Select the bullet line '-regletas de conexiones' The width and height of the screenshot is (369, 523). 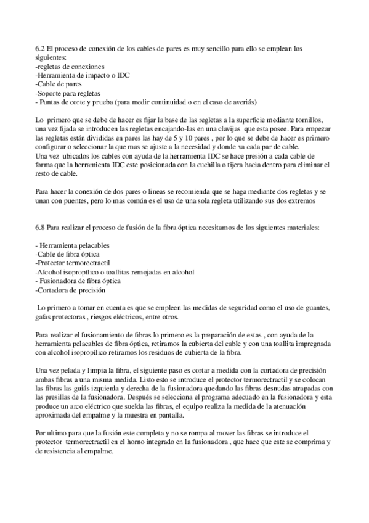point(70,66)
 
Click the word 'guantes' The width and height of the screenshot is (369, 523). point(315,308)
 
